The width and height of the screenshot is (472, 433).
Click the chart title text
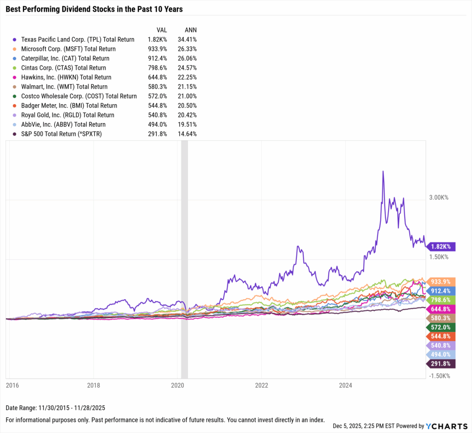[94, 9]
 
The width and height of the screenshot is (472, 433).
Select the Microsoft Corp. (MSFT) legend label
[69, 49]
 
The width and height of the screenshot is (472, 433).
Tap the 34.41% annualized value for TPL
[187, 39]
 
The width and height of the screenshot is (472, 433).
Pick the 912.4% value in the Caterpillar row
[157, 58]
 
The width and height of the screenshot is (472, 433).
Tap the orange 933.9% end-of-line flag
[442, 281]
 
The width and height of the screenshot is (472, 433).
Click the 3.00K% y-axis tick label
[439, 197]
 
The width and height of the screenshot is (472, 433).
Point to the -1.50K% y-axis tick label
[438, 375]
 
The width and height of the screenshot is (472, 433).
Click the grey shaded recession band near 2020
[184, 258]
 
